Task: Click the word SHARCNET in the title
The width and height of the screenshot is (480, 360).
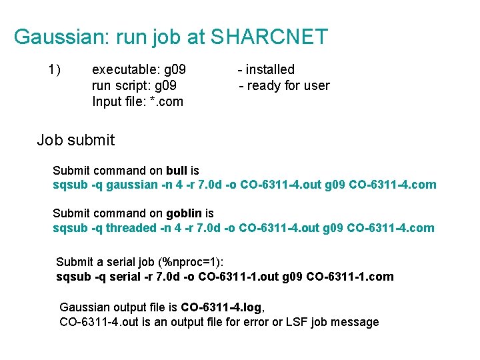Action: pos(269,37)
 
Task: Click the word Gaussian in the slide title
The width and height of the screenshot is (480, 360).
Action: pos(55,37)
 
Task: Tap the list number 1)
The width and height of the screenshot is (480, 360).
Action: pos(55,69)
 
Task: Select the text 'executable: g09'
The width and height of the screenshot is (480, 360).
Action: pos(139,69)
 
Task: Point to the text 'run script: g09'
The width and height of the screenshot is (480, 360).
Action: pos(134,85)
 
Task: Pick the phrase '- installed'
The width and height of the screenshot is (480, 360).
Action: pos(266,69)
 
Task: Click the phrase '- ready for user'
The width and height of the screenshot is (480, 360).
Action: pos(284,85)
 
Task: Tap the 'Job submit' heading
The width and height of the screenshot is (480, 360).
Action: pos(75,140)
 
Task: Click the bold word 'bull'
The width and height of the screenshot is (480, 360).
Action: pos(177,171)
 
